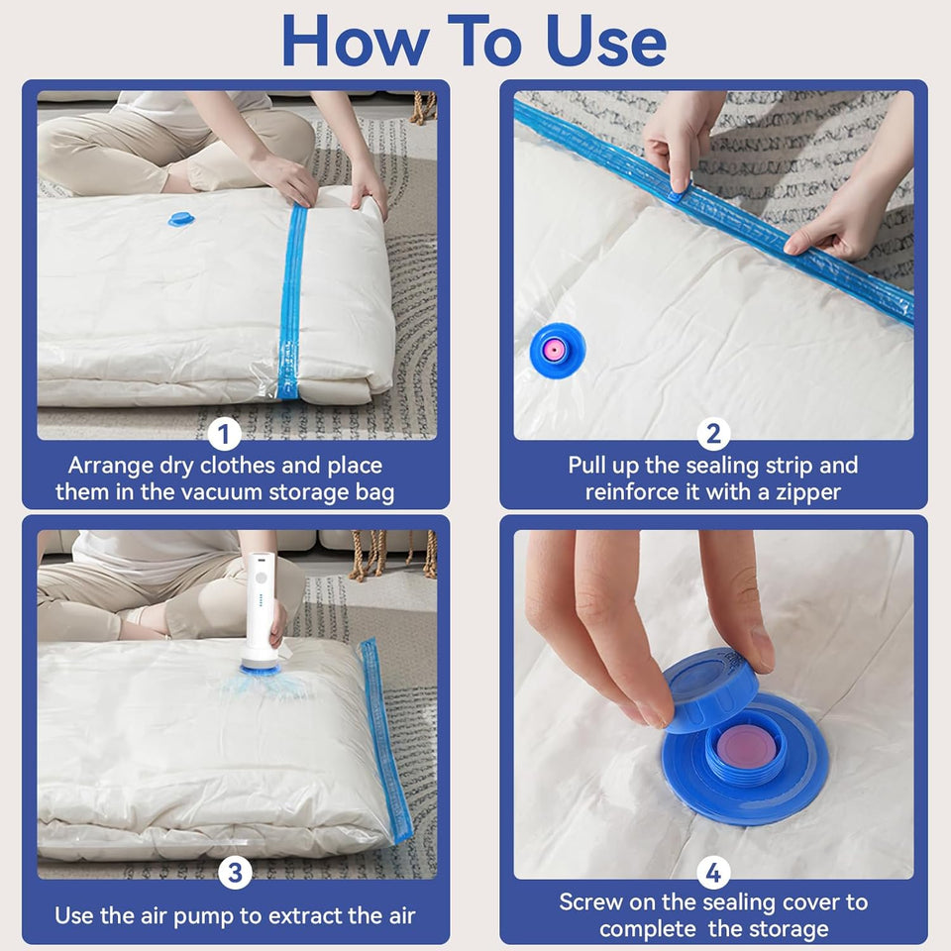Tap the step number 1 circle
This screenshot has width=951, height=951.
point(225,433)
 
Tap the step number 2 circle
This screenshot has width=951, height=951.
point(712,433)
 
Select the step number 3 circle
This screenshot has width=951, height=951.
point(235,872)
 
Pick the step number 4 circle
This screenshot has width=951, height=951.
point(712,872)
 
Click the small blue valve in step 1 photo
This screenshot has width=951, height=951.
point(181,218)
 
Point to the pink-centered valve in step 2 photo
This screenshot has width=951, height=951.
point(556,350)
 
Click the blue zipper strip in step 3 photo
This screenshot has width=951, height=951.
point(384,738)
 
